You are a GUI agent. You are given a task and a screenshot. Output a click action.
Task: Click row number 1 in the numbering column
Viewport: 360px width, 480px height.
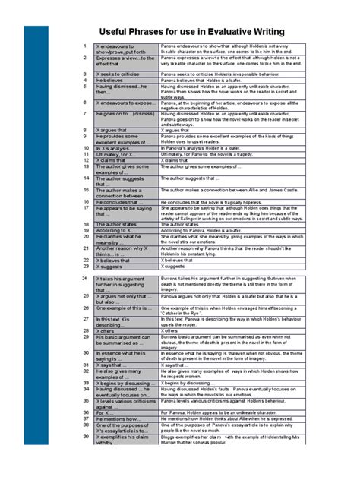85,46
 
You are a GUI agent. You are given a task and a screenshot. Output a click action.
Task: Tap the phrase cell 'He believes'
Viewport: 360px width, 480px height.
110,81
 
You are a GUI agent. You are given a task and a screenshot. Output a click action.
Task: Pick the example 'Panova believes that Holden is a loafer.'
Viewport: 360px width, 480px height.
205,81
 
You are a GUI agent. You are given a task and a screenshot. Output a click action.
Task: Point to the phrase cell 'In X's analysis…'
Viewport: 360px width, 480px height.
115,148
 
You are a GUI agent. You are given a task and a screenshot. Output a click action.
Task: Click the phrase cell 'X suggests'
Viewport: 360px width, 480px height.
110,267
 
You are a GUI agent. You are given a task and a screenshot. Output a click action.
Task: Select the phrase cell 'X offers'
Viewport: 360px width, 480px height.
108,331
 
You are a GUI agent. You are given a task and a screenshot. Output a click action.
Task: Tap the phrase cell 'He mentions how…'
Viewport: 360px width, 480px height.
118,418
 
